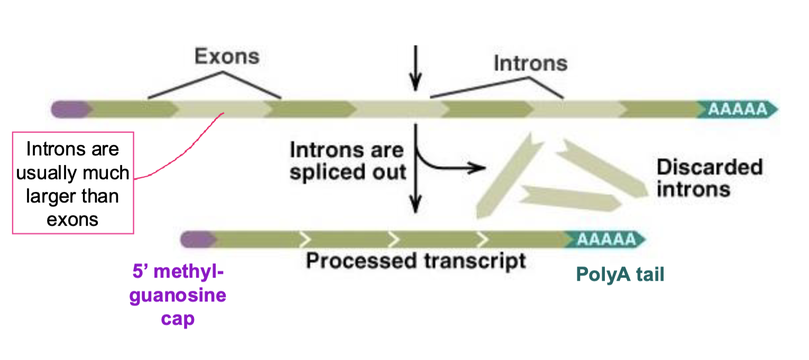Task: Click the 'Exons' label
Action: tap(227, 56)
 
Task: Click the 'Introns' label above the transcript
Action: tap(530, 63)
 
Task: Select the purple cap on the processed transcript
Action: tap(197, 239)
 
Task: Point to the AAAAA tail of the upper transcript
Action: tap(737, 109)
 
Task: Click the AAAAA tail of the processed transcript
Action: tap(606, 239)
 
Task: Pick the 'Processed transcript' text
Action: tap(416, 261)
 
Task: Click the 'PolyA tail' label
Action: tap(620, 275)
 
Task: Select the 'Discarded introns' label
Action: tap(709, 178)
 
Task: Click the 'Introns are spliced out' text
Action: tap(347, 161)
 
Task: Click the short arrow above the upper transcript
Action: tap(416, 69)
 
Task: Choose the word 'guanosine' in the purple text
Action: tap(178, 295)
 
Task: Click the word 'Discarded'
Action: tap(709, 168)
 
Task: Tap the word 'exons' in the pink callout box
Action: tap(72, 219)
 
